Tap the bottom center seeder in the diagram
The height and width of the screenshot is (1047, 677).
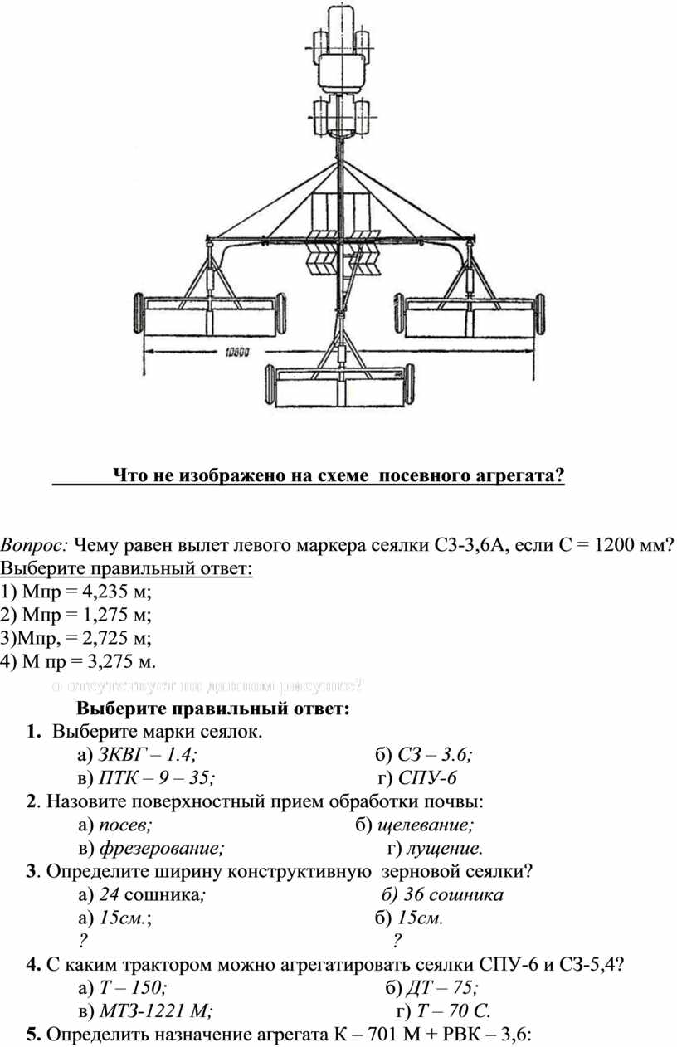click(x=339, y=387)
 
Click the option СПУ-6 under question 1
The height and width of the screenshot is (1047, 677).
click(x=428, y=777)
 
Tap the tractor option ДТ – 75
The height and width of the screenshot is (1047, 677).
click(x=445, y=987)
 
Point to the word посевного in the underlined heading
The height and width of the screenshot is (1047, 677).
click(x=423, y=475)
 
